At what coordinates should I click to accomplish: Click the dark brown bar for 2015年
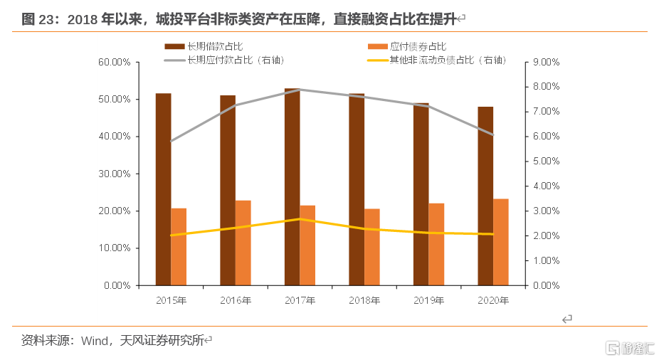click(x=164, y=189)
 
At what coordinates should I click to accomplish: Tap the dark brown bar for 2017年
click(x=292, y=187)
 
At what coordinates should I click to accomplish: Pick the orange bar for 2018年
click(x=372, y=247)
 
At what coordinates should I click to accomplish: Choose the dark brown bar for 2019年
click(x=421, y=194)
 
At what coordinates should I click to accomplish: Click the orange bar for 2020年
click(x=501, y=242)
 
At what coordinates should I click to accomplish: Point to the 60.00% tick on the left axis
click(x=114, y=62)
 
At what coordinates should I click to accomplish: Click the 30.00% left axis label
click(x=114, y=174)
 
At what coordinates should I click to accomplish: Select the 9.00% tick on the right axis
click(x=546, y=62)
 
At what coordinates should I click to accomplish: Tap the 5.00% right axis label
click(x=546, y=162)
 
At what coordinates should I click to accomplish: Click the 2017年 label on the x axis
click(x=300, y=300)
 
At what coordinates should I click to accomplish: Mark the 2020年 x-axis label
click(x=493, y=300)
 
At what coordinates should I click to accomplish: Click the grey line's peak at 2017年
click(x=300, y=90)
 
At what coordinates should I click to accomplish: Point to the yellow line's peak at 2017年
click(x=300, y=219)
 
